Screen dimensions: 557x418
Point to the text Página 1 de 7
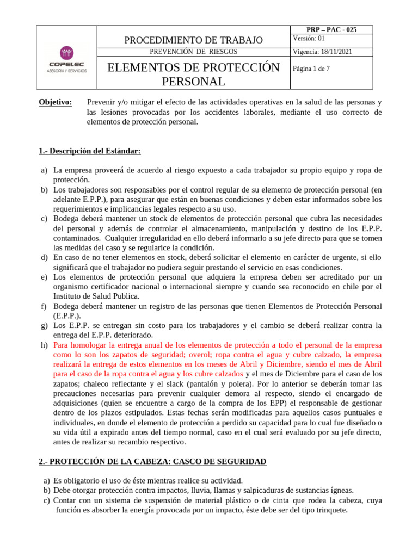tap(311, 69)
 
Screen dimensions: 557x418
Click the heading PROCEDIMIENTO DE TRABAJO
tap(194, 40)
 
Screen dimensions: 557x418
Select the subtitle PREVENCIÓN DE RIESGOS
tap(193, 52)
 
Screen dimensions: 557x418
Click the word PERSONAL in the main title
tap(193, 82)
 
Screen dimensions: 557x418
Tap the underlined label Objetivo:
tap(56, 102)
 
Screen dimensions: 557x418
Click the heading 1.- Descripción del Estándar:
tap(90, 151)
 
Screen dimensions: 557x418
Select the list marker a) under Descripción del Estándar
tap(45, 171)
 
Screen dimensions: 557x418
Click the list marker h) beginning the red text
tap(45, 345)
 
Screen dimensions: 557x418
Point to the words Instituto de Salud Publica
tap(96, 296)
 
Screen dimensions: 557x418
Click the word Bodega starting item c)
tap(66, 219)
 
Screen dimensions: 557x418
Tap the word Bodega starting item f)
tap(66, 306)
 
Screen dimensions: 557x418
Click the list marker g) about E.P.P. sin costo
tap(45, 325)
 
